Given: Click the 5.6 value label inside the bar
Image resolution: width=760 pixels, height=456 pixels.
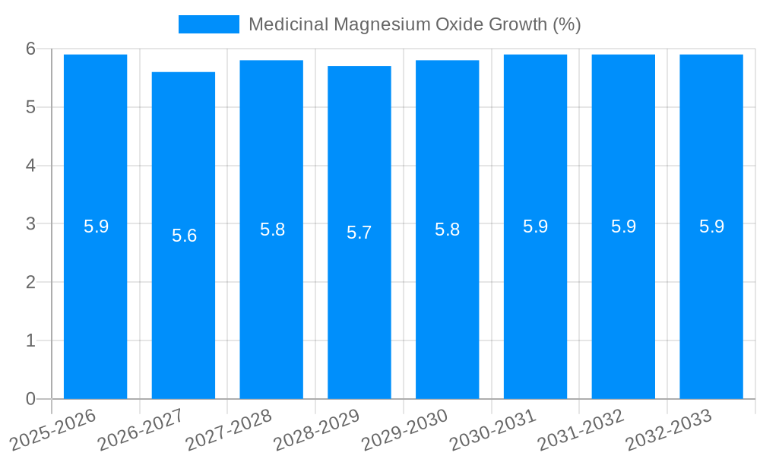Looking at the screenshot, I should pos(184,236).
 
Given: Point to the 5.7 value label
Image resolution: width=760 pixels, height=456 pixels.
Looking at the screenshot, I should pos(359,233).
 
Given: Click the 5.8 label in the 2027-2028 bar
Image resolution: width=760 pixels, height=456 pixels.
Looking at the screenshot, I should pos(272,230).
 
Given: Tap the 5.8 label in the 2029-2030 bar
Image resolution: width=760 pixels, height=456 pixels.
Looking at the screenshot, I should pos(447,230).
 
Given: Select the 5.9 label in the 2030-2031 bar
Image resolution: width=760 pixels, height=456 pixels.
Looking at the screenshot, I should pos(535,226).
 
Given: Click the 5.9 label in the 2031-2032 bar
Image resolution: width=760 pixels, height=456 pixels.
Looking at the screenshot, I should pos(623,226).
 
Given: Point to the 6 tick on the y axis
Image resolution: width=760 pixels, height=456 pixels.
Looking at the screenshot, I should pos(30,49).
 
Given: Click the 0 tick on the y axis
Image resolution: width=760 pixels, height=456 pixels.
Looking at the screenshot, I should pos(30,399).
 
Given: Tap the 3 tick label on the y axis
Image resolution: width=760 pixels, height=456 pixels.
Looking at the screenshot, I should pos(30,224).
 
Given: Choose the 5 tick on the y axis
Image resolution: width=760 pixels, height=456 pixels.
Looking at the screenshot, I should pos(30,107).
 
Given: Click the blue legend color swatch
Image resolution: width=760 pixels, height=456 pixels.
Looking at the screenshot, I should pos(208,24).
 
